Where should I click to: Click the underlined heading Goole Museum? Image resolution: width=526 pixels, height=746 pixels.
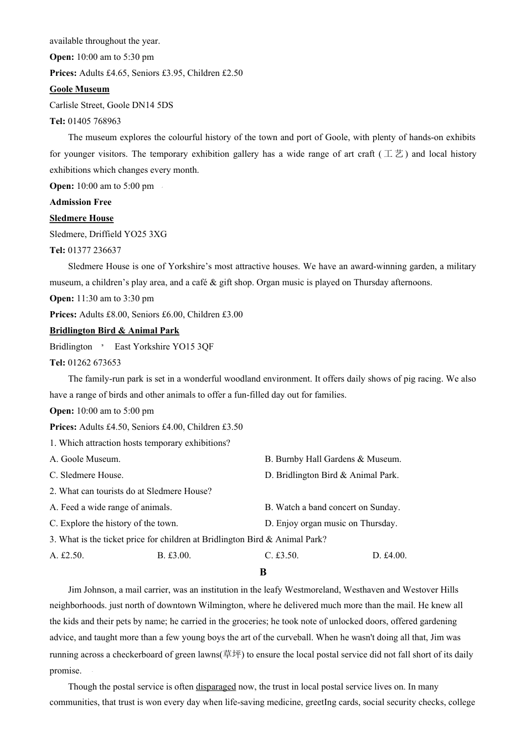point(79,89)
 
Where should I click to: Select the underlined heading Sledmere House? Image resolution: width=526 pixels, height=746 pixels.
point(81,218)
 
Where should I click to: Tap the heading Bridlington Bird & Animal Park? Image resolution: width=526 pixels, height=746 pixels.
point(114,331)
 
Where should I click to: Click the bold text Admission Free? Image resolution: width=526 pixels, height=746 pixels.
point(80,202)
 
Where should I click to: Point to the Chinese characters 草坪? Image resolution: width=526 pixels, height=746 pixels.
point(232,654)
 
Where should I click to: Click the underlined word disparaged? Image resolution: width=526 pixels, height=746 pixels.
point(215,687)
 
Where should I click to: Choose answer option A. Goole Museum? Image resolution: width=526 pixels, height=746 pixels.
point(85,459)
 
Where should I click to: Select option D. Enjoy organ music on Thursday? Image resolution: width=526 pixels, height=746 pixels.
point(331,523)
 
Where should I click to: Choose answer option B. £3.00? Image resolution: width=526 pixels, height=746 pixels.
point(174,555)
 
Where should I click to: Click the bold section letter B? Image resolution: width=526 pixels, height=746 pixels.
point(263,572)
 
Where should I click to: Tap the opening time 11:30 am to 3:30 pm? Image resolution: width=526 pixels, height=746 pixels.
point(115,299)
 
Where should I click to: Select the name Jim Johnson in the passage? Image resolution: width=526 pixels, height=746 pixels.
point(91,590)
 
